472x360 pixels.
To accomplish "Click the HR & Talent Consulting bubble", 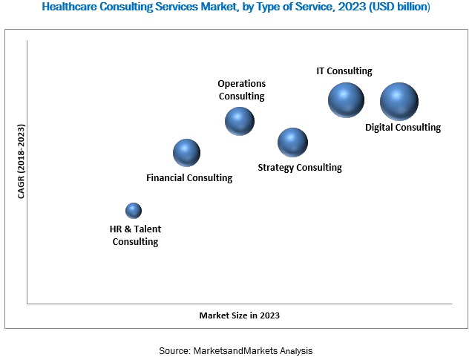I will [x=134, y=210].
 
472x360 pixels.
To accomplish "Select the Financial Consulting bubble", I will [x=187, y=152].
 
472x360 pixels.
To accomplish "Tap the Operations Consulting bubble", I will [x=240, y=121].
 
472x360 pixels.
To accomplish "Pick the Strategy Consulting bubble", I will [x=292, y=142].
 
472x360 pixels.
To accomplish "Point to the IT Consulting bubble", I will [x=347, y=100].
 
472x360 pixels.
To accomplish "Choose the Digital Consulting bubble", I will [x=399, y=102].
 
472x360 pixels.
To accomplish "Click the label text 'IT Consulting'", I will [x=344, y=71].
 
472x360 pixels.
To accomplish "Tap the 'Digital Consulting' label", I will [x=403, y=128].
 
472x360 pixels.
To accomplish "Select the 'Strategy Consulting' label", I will [x=300, y=168].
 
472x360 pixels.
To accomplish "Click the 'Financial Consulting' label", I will [x=189, y=178].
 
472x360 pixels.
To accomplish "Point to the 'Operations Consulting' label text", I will [x=241, y=89].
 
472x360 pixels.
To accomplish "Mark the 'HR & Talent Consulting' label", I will [x=135, y=235].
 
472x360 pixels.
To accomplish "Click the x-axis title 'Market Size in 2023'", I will [x=240, y=315].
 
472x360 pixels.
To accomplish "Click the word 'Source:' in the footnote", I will [x=176, y=349].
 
